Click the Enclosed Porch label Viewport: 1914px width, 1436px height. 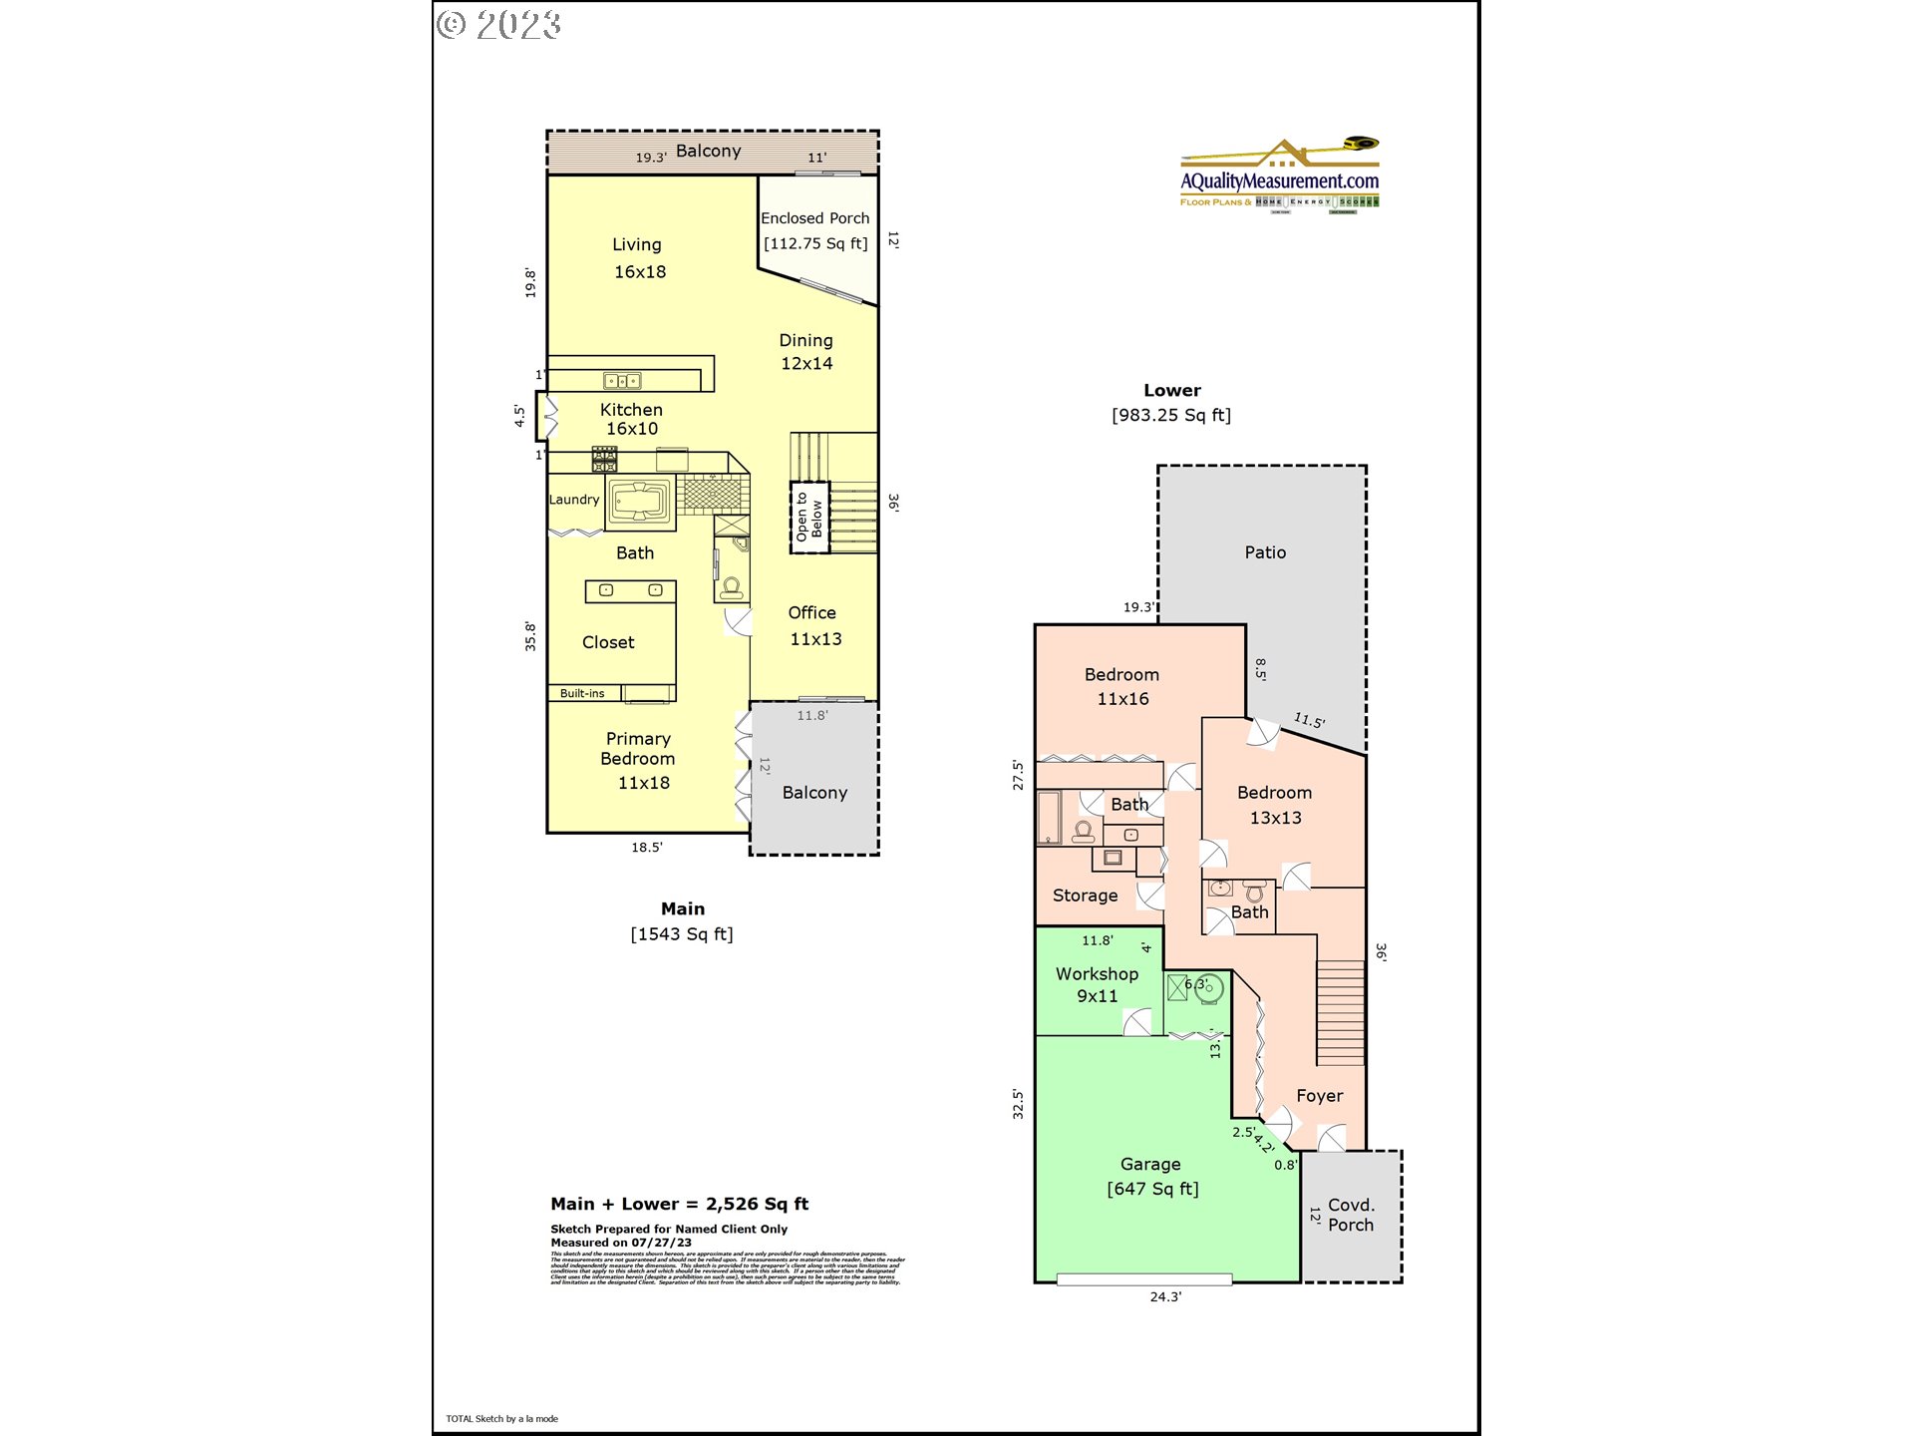coord(814,218)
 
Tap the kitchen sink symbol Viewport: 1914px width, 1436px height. coord(622,381)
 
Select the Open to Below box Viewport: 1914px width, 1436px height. coord(809,518)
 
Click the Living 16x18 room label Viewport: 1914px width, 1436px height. coord(638,257)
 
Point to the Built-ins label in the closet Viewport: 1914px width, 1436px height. coord(582,693)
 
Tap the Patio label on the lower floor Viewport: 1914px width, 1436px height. coord(1265,552)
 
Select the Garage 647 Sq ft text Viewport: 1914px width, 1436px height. coord(1151,1177)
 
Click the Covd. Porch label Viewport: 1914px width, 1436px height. coord(1351,1215)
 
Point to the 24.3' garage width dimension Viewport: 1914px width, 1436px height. coord(1165,1296)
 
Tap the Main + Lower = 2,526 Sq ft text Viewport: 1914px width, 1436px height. coord(679,1204)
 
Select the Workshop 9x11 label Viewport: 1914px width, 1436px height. coord(1097,984)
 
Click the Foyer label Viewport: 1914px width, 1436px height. coord(1319,1096)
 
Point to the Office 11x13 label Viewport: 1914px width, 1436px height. coord(813,625)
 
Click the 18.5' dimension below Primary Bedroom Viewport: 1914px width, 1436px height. coord(646,848)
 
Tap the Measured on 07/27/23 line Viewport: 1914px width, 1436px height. coord(621,1243)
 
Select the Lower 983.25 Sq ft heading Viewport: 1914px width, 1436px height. coord(1171,403)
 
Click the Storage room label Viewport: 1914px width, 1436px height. coord(1085,896)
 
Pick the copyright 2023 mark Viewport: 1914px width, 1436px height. coord(498,25)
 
